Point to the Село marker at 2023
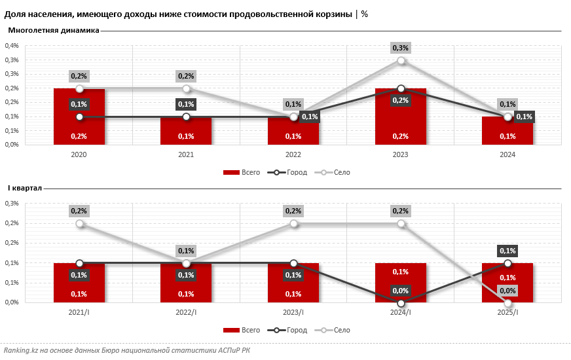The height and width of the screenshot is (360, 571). (401, 60)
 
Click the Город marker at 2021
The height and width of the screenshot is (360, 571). (187, 117)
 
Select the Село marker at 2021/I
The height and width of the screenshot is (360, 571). (79, 223)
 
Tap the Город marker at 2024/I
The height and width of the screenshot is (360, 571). (401, 303)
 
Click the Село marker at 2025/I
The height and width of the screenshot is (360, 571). (507, 303)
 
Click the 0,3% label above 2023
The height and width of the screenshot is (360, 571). (400, 48)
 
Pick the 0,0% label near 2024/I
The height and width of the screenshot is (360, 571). (400, 290)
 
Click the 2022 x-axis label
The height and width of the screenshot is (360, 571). (293, 154)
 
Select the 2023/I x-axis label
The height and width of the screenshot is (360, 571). (293, 313)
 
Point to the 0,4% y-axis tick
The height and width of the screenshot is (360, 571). (12, 46)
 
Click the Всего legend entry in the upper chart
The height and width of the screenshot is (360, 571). (242, 172)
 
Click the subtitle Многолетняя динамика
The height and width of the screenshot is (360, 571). (54, 30)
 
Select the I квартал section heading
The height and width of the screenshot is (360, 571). (25, 188)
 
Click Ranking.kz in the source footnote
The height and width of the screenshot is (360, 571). (20, 351)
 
